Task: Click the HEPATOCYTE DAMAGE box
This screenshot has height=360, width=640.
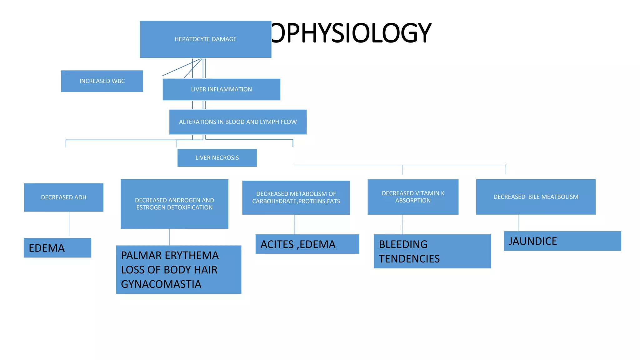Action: click(205, 39)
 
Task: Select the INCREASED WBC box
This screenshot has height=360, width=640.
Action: click(102, 81)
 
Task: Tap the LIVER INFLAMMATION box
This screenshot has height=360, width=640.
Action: click(221, 89)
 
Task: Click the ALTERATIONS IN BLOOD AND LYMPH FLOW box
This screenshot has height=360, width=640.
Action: click(238, 122)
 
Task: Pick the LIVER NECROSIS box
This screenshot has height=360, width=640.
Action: click(217, 158)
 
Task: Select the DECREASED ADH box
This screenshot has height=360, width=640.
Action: click(63, 197)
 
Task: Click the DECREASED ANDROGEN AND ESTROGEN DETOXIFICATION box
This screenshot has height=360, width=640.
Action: click(174, 204)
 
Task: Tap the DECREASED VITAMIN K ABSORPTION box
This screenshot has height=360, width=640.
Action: click(413, 197)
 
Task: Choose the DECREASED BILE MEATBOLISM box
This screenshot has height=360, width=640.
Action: click(536, 197)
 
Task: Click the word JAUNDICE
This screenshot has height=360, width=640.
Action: click(533, 241)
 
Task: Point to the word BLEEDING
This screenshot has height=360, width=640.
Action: click(403, 244)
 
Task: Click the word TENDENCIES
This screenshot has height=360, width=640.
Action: click(409, 259)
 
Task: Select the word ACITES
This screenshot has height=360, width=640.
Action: click(277, 244)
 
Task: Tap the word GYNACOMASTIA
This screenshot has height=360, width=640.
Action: click(161, 284)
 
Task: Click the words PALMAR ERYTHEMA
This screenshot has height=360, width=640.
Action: click(170, 256)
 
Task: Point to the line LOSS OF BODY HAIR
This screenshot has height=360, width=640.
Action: click(169, 270)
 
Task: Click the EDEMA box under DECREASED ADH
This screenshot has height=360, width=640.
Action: click(57, 248)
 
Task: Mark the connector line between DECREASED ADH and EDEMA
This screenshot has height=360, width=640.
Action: click(69, 224)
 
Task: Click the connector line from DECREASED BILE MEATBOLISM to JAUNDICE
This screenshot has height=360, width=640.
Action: click(518, 223)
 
